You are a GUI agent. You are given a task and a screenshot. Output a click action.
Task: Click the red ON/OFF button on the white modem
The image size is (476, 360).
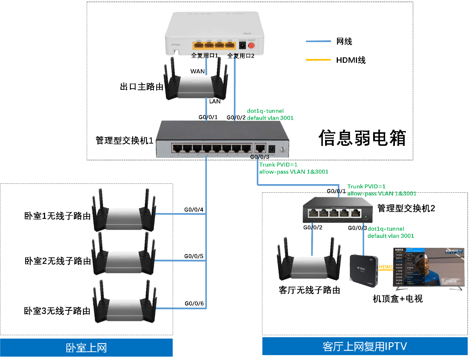tap(251, 45)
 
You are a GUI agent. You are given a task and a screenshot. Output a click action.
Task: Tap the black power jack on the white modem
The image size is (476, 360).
tap(243, 45)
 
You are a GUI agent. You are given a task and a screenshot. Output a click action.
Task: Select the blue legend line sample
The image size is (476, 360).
tap(318, 41)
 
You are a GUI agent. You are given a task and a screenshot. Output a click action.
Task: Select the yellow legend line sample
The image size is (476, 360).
tap(318, 60)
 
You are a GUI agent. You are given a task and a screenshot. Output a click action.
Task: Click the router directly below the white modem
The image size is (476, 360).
tap(196, 85)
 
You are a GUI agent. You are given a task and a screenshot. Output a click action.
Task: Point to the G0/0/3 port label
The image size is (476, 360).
tap(260, 157)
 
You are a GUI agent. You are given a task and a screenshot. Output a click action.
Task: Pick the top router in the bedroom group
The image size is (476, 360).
tap(124, 212)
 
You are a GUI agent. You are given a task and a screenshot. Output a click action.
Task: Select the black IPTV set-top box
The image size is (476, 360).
tap(363, 270)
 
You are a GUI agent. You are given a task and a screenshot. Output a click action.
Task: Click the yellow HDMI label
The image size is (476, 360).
tap(386, 267)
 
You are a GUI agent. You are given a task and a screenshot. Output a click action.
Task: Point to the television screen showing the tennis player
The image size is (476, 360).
tap(429, 267)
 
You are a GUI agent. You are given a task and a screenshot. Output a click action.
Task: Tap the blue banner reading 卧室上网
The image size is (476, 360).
tap(86, 348)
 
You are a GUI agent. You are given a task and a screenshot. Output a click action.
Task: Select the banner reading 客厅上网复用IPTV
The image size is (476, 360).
tap(365, 346)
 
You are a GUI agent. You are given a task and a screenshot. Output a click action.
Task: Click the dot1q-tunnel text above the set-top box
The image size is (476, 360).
tap(386, 229)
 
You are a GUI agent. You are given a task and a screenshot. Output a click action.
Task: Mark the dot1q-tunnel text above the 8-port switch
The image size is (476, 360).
tap(265, 111)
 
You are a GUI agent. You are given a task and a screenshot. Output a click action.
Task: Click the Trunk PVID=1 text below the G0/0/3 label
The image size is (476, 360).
tap(278, 165)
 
